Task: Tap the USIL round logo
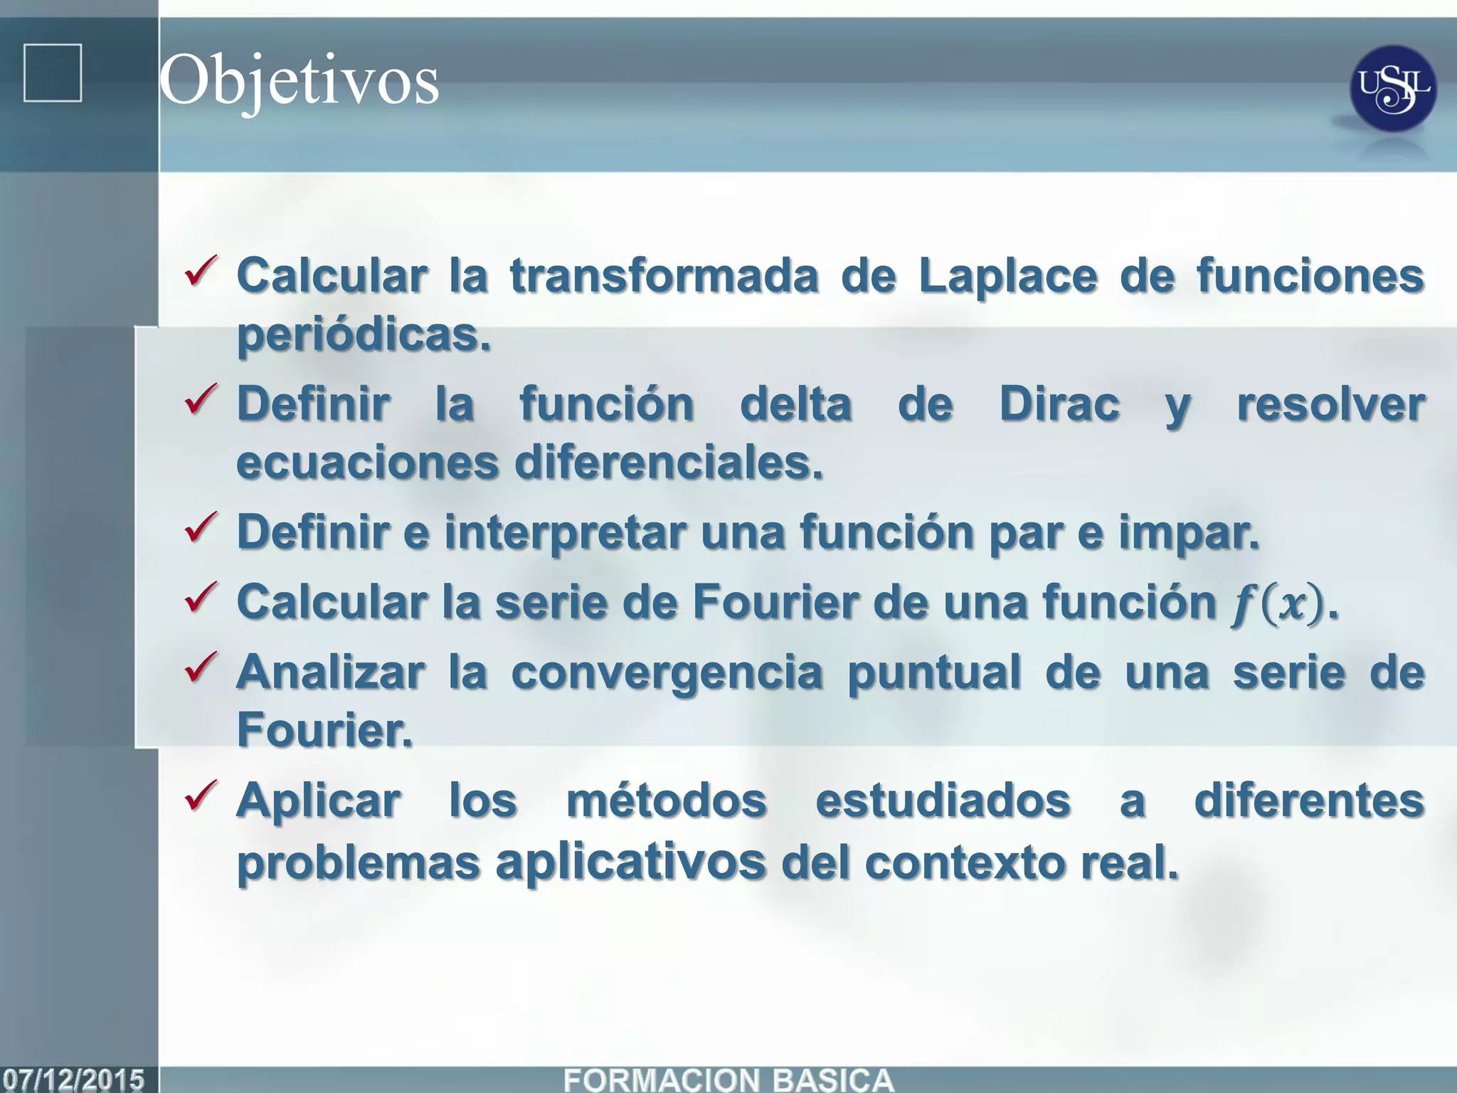pyautogui.click(x=1392, y=89)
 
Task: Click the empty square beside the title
pyautogui.click(x=53, y=73)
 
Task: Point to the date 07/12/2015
pyautogui.click(x=73, y=1079)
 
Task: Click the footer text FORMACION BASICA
pyautogui.click(x=728, y=1079)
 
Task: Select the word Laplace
pyautogui.click(x=1008, y=275)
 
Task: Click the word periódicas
pyautogui.click(x=364, y=334)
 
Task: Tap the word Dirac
pyautogui.click(x=1059, y=404)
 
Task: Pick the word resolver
pyautogui.click(x=1330, y=404)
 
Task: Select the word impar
pyautogui.click(x=1188, y=532)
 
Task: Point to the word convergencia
pyautogui.click(x=667, y=672)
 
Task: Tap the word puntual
pyautogui.click(x=934, y=672)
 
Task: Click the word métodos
pyautogui.click(x=667, y=801)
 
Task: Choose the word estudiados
pyautogui.click(x=943, y=801)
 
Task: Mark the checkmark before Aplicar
pyautogui.click(x=201, y=796)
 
